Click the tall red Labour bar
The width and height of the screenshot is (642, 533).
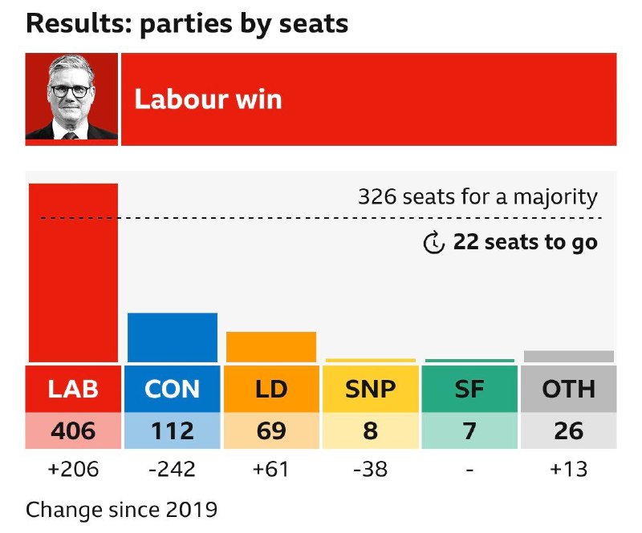(x=73, y=273)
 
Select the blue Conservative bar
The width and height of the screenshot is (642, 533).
(x=173, y=337)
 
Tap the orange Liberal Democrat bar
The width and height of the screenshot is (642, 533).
(x=271, y=347)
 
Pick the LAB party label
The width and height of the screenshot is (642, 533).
(x=73, y=389)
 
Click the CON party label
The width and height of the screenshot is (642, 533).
(x=173, y=389)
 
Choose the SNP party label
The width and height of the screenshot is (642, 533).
(x=371, y=389)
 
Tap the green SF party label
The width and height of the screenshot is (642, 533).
(x=469, y=389)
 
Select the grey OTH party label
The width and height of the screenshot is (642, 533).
(x=568, y=389)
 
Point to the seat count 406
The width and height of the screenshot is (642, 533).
(x=73, y=430)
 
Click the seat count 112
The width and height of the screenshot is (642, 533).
(x=173, y=430)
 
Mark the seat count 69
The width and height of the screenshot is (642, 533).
(x=271, y=430)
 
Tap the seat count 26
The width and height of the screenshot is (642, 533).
(x=568, y=430)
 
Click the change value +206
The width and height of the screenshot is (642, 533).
(x=73, y=470)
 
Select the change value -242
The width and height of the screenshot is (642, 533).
(x=173, y=470)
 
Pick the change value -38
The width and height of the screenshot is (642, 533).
(x=371, y=470)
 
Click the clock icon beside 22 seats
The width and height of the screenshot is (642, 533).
(x=433, y=242)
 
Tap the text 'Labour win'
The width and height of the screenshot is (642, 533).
(x=208, y=99)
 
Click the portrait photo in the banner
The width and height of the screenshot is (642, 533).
(x=72, y=99)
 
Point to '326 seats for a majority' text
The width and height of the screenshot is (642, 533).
(x=477, y=197)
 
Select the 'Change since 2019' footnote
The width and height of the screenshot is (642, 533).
(x=121, y=509)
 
